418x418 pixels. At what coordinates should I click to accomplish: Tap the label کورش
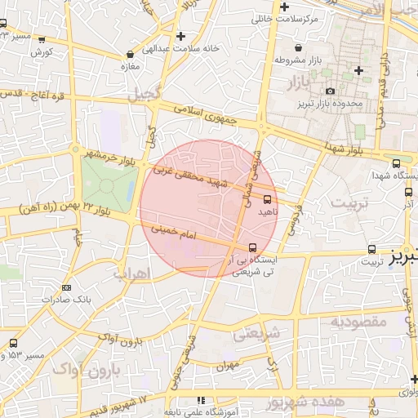[42, 52]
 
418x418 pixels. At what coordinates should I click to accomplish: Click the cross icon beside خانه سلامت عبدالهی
[180, 36]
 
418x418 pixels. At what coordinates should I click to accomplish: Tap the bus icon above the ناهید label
[267, 198]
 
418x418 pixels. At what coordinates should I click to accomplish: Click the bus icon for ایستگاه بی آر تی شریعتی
[251, 247]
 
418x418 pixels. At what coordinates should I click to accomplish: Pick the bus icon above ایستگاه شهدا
[396, 163]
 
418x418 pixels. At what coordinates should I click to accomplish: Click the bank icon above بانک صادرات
[66, 287]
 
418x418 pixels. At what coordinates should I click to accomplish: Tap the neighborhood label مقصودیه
[358, 322]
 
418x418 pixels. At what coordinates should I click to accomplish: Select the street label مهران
[226, 366]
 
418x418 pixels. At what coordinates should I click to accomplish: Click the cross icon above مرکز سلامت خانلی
[282, 7]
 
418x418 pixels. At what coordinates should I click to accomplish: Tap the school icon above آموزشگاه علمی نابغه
[200, 400]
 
